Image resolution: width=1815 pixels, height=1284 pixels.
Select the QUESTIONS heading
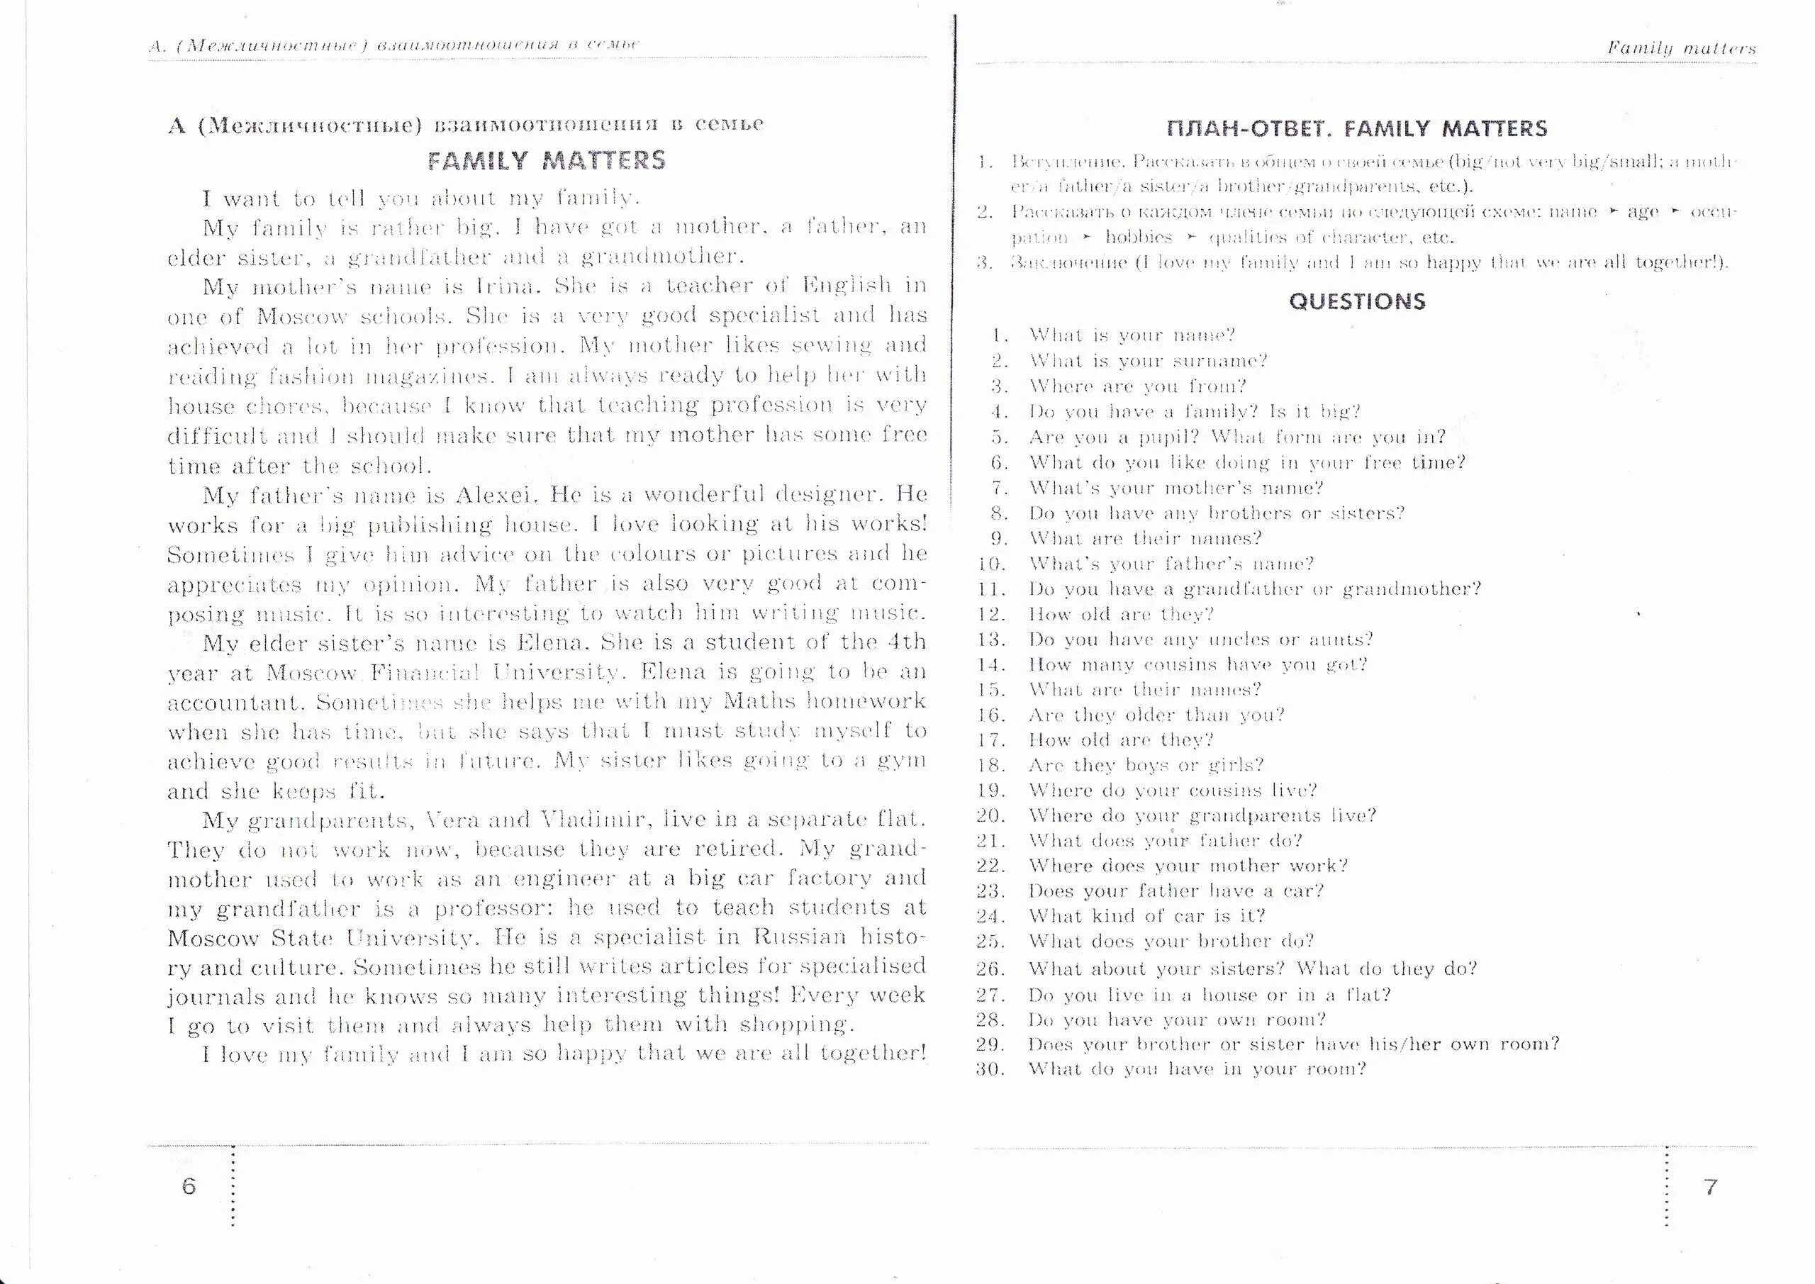pyautogui.click(x=1356, y=301)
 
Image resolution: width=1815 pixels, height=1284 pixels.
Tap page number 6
pyautogui.click(x=188, y=1186)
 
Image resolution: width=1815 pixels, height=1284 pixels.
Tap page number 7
pyautogui.click(x=1711, y=1186)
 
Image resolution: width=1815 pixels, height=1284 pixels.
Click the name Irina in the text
pyautogui.click(x=506, y=286)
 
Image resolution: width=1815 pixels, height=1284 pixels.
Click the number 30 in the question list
pyautogui.click(x=990, y=1070)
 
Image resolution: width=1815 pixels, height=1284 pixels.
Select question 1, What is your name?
pyautogui.click(x=1132, y=335)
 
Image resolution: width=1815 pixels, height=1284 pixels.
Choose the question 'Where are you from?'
pyautogui.click(x=1137, y=386)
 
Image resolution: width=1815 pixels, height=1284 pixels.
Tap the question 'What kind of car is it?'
pyautogui.click(x=1146, y=916)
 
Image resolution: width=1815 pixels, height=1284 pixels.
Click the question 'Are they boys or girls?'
pyautogui.click(x=1146, y=765)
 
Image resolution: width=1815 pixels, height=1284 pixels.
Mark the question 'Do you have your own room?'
pyautogui.click(x=1177, y=1020)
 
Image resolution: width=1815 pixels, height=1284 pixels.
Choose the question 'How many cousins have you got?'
pyautogui.click(x=1197, y=665)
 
